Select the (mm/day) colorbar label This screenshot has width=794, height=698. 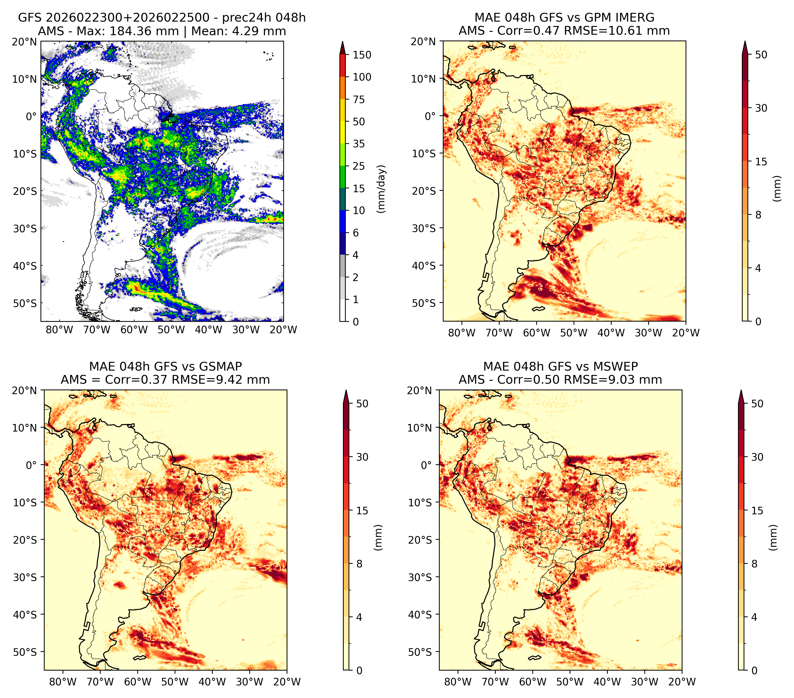tap(382, 189)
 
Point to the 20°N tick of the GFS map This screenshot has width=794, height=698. tap(24, 42)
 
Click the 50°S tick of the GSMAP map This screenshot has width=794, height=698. tap(26, 652)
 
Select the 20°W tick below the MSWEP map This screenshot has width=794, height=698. tap(682, 681)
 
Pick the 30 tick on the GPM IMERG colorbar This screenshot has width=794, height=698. tap(761, 108)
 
